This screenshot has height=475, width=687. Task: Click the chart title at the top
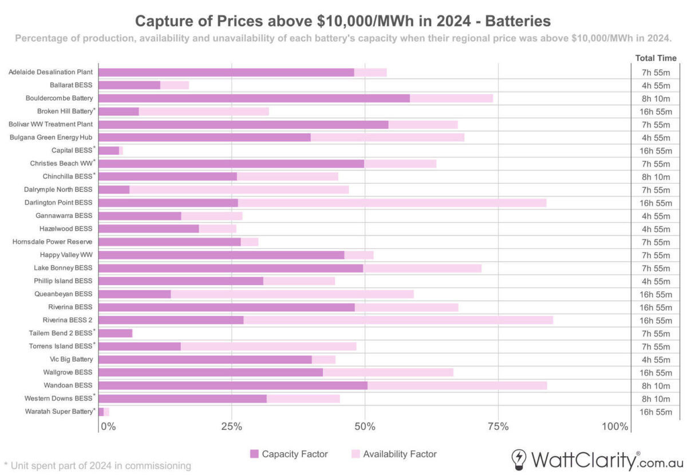(343, 21)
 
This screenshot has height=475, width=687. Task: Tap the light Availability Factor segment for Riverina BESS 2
(398, 320)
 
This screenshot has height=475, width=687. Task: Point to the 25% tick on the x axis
(231, 426)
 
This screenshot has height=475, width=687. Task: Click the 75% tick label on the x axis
(498, 426)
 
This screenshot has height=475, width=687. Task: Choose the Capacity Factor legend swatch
(254, 454)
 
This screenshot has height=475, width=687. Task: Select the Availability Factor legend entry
(400, 454)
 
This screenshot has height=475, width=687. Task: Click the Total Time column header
(656, 58)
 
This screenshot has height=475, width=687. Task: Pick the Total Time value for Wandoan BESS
(656, 385)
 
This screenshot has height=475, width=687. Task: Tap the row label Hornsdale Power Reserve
(53, 242)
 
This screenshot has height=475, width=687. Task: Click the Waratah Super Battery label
(59, 411)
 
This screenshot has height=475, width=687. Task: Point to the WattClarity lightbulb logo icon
(519, 459)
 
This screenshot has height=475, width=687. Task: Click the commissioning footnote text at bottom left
(97, 465)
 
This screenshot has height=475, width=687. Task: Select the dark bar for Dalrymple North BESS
(114, 189)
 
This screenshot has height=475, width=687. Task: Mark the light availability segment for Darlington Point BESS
(392, 203)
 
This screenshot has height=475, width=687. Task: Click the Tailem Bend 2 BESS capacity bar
(115, 333)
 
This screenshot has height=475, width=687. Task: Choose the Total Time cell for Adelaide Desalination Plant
(656, 72)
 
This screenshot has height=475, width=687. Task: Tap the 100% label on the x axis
(615, 426)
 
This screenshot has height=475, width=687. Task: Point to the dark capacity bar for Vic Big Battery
(205, 359)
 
